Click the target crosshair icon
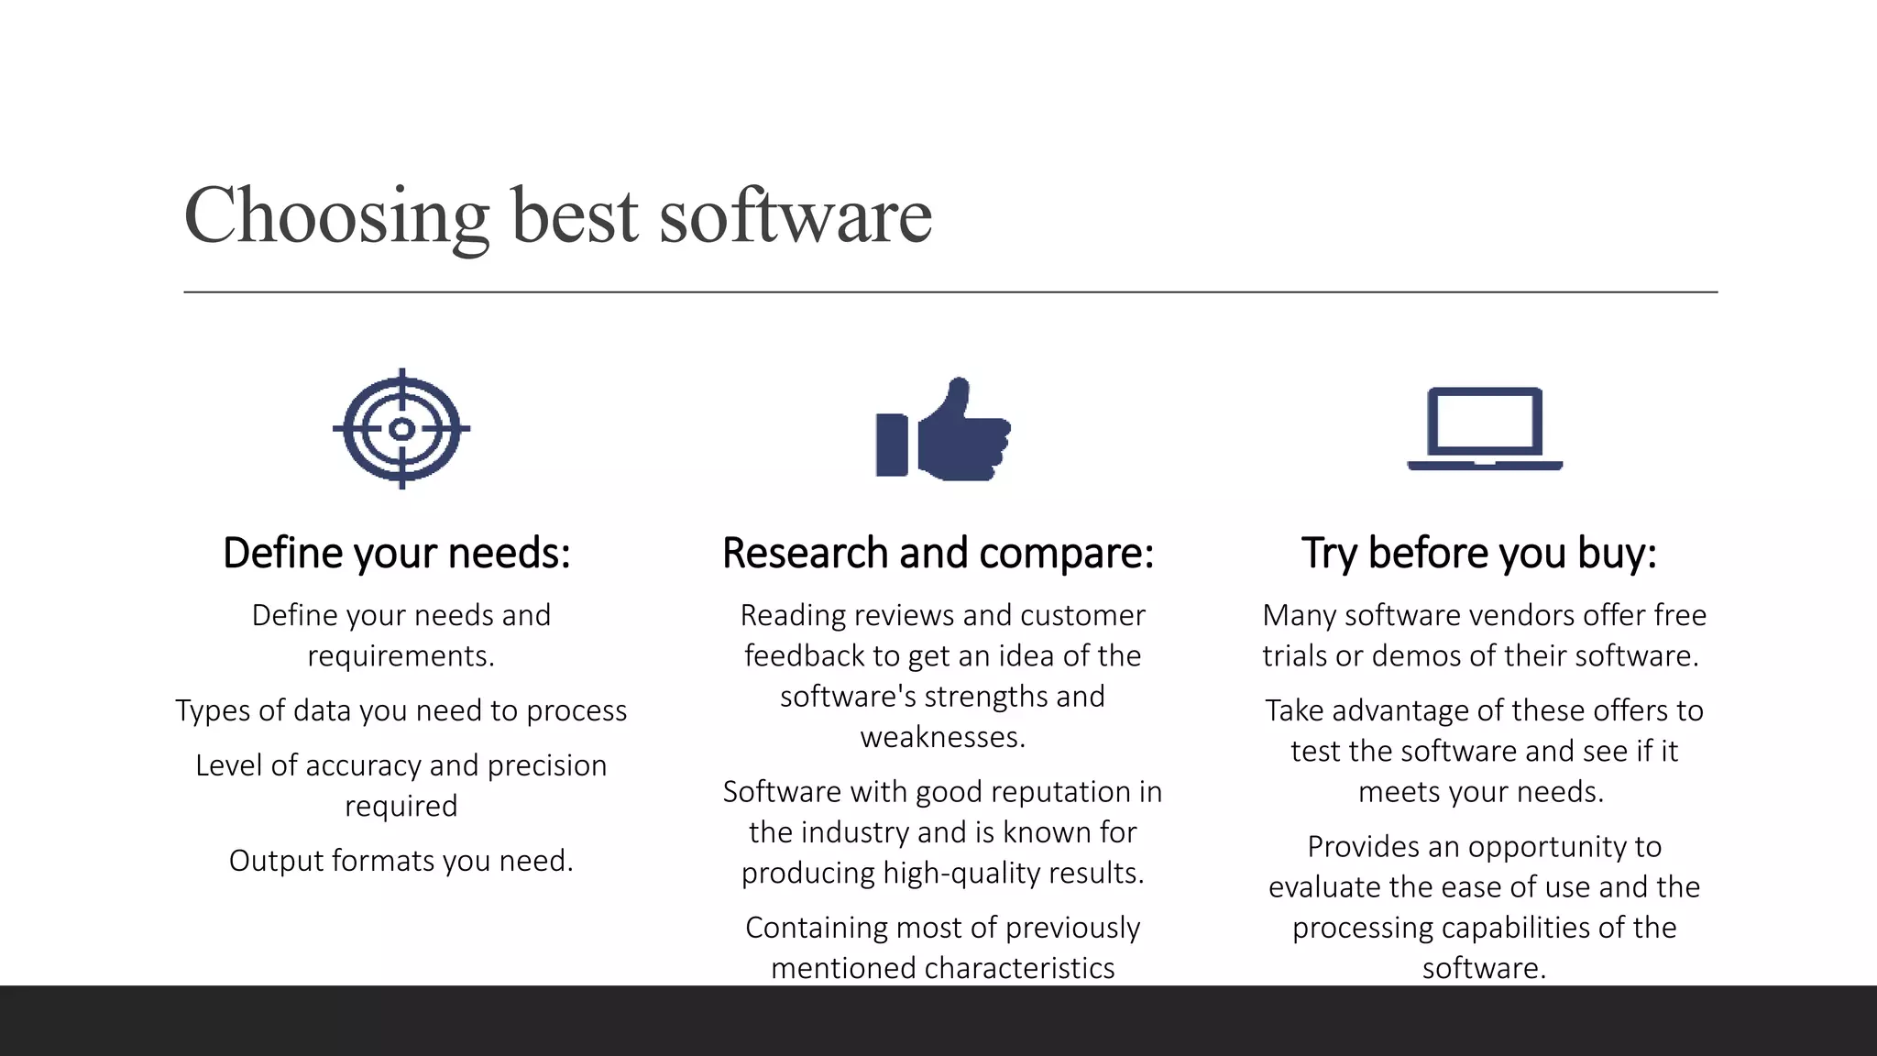[x=401, y=428]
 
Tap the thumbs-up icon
[x=943, y=430]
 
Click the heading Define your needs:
[x=397, y=554]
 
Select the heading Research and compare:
[x=938, y=554]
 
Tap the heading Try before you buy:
[x=1479, y=554]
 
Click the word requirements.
[x=401, y=656]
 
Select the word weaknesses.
[x=942, y=737]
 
